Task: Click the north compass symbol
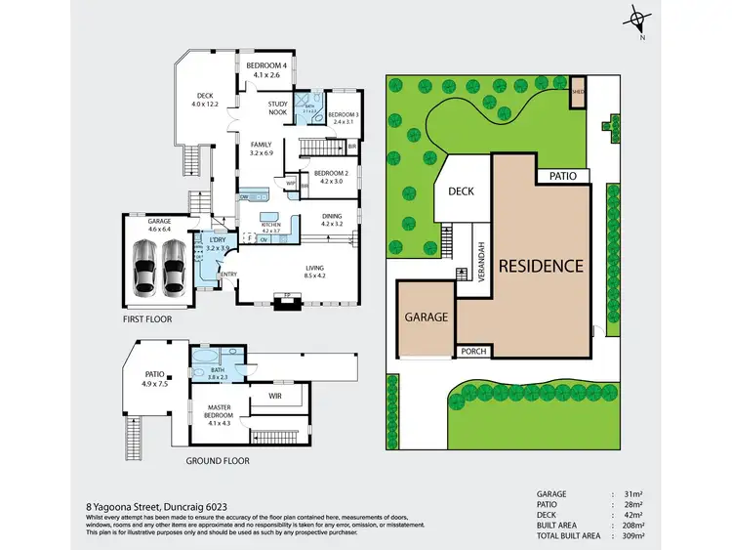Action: click(637, 20)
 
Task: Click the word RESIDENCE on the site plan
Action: click(541, 266)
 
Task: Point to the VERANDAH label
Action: click(481, 263)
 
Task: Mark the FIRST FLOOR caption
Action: click(148, 319)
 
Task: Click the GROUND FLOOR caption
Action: click(220, 460)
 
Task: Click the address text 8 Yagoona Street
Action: click(125, 507)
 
